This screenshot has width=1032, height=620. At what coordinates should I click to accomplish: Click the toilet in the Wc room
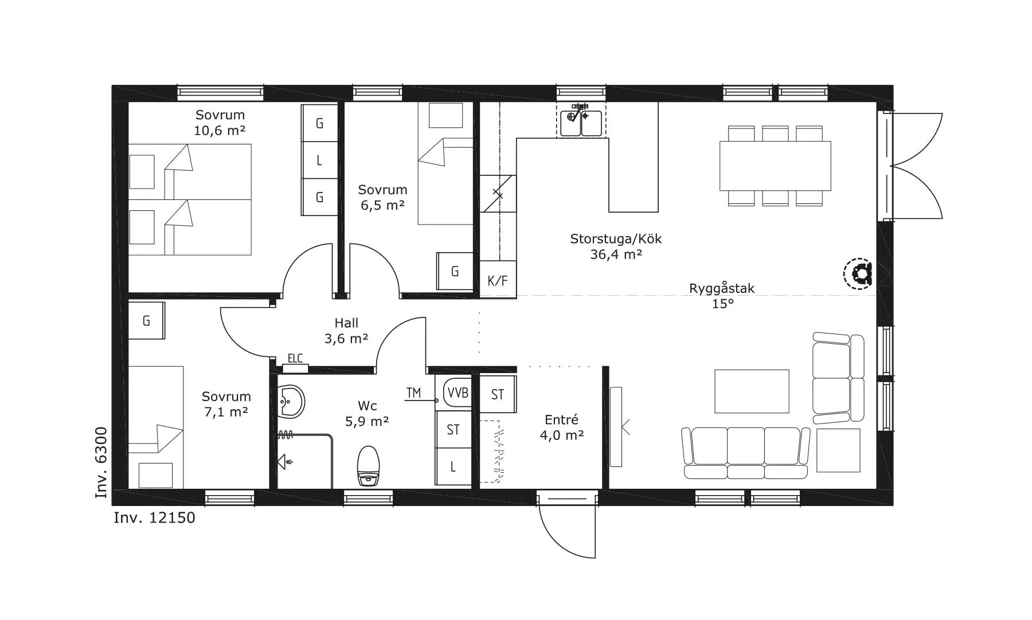(x=369, y=465)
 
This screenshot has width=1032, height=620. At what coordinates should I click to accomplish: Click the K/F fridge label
(x=498, y=281)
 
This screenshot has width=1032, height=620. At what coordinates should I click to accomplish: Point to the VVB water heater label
(x=458, y=393)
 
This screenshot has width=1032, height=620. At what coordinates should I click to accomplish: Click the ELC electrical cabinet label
(x=295, y=359)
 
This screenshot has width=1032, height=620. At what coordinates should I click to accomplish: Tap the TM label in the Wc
(x=413, y=393)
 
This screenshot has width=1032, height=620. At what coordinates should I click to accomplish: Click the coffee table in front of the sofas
(x=752, y=391)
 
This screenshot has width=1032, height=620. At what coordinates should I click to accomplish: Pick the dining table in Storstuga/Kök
(x=775, y=166)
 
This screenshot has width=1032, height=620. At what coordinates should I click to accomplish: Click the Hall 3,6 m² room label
(x=346, y=331)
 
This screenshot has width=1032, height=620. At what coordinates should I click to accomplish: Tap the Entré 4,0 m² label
(x=562, y=427)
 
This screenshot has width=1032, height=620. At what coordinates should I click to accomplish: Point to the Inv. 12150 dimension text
(x=154, y=518)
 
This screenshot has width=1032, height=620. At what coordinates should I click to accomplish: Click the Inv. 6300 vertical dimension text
(x=101, y=462)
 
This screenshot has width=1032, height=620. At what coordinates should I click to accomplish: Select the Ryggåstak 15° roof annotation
(x=722, y=296)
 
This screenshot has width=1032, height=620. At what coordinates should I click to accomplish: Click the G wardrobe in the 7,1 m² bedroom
(x=146, y=321)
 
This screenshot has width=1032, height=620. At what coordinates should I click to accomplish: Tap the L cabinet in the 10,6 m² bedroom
(x=319, y=160)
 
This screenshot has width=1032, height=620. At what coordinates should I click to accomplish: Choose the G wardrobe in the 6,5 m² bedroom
(x=455, y=271)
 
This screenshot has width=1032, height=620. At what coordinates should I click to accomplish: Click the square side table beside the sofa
(x=838, y=450)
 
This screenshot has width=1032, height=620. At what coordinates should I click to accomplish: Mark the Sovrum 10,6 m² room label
(x=220, y=123)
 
